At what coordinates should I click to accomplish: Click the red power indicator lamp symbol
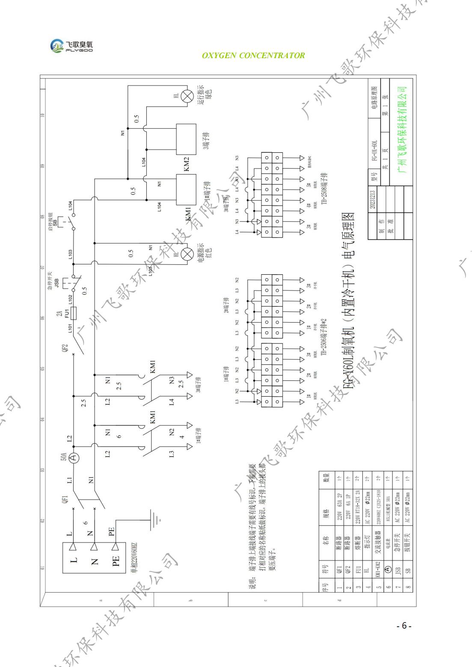click(x=187, y=255)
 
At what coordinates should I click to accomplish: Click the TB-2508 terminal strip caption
click(x=325, y=189)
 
